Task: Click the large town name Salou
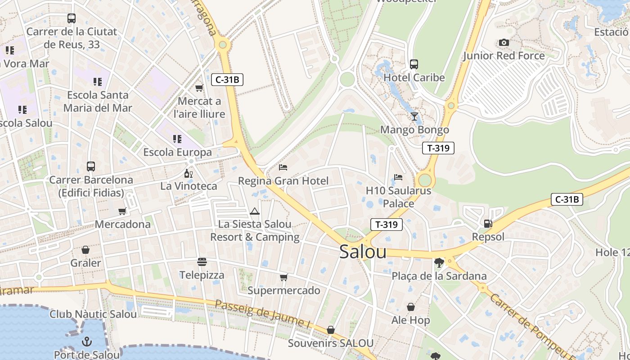[x=363, y=252]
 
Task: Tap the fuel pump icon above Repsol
[x=488, y=224]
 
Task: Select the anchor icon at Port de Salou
[x=86, y=342]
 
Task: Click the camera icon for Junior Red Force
[x=504, y=43]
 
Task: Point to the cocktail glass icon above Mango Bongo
[x=414, y=117]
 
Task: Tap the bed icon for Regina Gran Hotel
[x=283, y=167]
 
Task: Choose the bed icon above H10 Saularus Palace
[x=398, y=177]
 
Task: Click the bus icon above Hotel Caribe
[x=414, y=64]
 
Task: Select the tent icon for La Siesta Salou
[x=255, y=211]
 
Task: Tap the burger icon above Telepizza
[x=202, y=262]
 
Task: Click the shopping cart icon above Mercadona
[x=122, y=211]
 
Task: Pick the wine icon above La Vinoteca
[x=188, y=173]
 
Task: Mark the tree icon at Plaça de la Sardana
[x=439, y=263]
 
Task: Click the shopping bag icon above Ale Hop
[x=411, y=307]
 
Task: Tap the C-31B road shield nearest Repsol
[x=567, y=199]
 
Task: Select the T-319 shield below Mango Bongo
[x=438, y=148]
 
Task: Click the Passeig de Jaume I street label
[x=263, y=313]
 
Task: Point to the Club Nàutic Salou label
[x=93, y=314]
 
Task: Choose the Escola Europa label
[x=177, y=152]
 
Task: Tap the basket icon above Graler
[x=85, y=250]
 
